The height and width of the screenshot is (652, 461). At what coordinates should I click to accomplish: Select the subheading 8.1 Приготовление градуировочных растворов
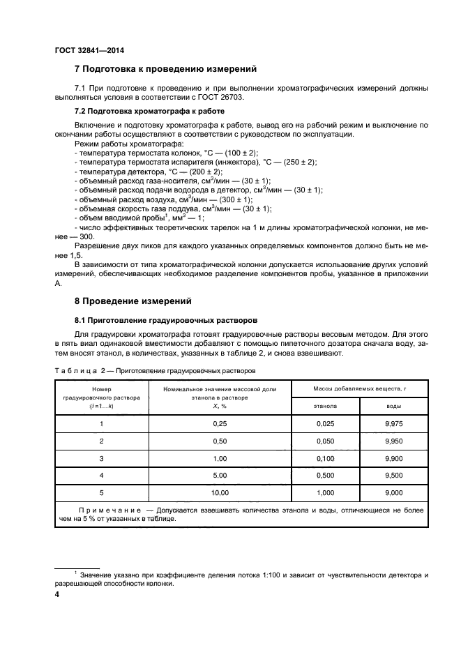click(x=165, y=319)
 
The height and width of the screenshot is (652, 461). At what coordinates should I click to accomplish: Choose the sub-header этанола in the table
click(x=326, y=405)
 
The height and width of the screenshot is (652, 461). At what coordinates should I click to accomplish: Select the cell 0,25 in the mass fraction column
click(x=220, y=423)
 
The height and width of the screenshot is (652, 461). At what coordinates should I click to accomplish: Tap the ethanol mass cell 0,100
click(x=326, y=458)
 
